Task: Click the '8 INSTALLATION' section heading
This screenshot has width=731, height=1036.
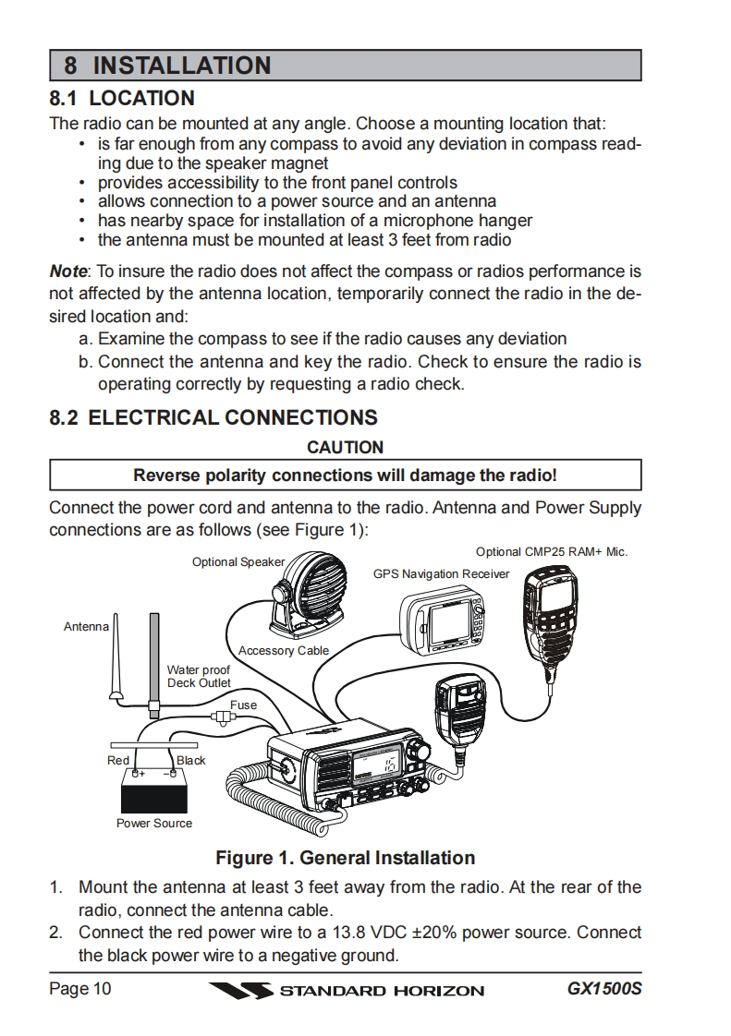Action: point(167,66)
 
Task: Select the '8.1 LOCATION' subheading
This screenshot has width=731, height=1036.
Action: point(122,98)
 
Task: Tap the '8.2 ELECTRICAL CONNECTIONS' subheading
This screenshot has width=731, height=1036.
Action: point(213,417)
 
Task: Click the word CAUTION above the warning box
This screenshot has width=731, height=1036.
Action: point(345,447)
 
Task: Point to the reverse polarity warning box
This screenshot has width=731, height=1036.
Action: point(345,476)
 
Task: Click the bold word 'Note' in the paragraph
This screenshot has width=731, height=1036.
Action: point(67,271)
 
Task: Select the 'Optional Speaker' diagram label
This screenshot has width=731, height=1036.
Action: point(238,562)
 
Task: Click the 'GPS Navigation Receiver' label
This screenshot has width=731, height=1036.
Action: point(441,573)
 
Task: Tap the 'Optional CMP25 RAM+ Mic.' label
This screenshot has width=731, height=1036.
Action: point(552,552)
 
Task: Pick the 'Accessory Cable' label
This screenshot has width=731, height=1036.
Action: point(284,651)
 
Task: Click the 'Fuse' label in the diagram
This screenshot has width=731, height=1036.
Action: point(244,705)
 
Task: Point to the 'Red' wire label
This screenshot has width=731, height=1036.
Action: point(118,760)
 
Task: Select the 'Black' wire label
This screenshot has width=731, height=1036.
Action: point(191,760)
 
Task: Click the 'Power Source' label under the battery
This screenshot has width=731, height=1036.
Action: point(154,823)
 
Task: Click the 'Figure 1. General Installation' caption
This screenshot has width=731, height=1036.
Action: point(345,858)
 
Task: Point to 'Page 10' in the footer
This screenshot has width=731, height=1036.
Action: point(80,990)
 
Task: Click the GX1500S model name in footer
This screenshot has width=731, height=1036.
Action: point(604,990)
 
